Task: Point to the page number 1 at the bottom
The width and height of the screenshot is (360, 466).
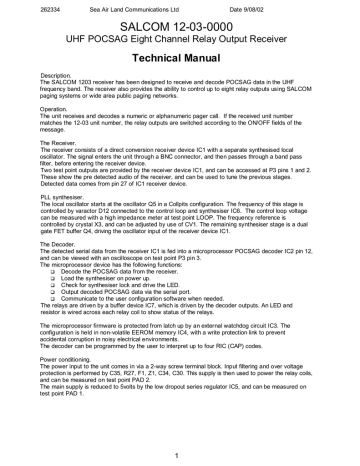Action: (x=179, y=454)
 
